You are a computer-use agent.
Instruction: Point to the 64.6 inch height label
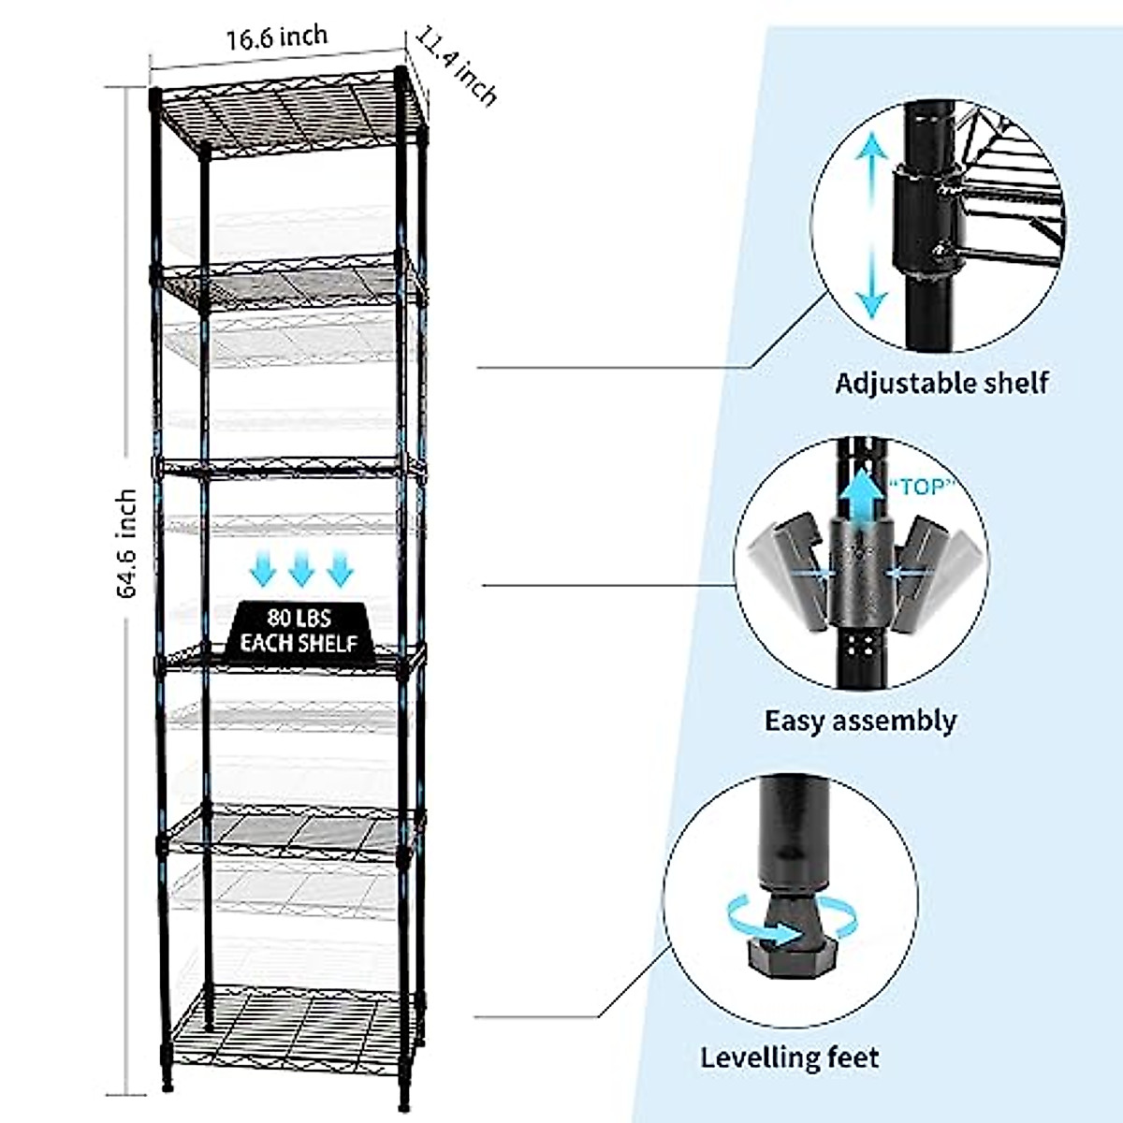point(126,543)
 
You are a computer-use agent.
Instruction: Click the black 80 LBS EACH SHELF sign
point(299,630)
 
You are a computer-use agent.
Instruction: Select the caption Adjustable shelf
point(941,383)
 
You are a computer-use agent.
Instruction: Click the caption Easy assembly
point(860,721)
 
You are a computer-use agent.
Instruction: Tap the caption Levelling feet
point(790,1057)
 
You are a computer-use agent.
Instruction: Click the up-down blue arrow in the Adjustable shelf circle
point(872,225)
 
